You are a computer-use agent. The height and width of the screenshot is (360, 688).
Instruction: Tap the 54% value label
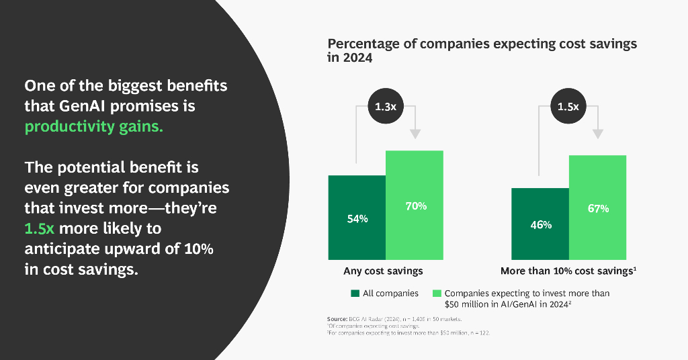(x=357, y=219)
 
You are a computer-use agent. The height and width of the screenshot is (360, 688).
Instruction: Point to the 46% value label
(x=540, y=225)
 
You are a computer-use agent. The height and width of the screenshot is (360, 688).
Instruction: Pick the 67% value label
(x=598, y=208)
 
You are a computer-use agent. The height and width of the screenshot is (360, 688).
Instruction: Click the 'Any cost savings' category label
(x=383, y=271)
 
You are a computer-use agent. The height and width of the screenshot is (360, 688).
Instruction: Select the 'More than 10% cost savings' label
(x=568, y=271)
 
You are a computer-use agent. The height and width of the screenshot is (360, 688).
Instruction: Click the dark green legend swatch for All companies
(x=355, y=294)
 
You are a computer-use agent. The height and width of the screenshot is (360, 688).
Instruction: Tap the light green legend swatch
(x=437, y=294)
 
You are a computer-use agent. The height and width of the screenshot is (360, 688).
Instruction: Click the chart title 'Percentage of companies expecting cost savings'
(x=482, y=44)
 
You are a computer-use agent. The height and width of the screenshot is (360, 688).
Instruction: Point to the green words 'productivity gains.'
(x=93, y=126)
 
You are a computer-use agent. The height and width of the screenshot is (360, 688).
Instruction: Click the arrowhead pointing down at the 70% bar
(x=416, y=134)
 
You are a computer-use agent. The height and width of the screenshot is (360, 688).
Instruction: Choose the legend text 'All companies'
(x=390, y=294)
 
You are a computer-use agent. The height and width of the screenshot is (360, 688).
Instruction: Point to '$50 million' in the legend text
(x=470, y=304)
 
